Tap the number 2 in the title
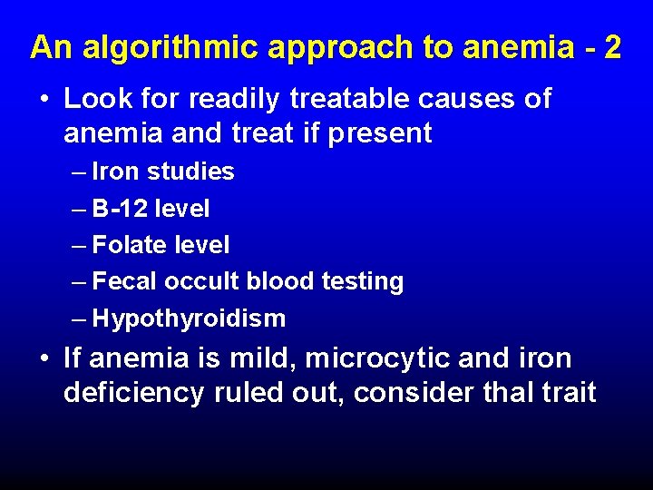[x=612, y=47]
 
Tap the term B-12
[x=120, y=209]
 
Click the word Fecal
[x=125, y=281]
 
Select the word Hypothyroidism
[x=189, y=318]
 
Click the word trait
[x=566, y=393]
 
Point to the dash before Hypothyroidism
[x=80, y=318]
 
